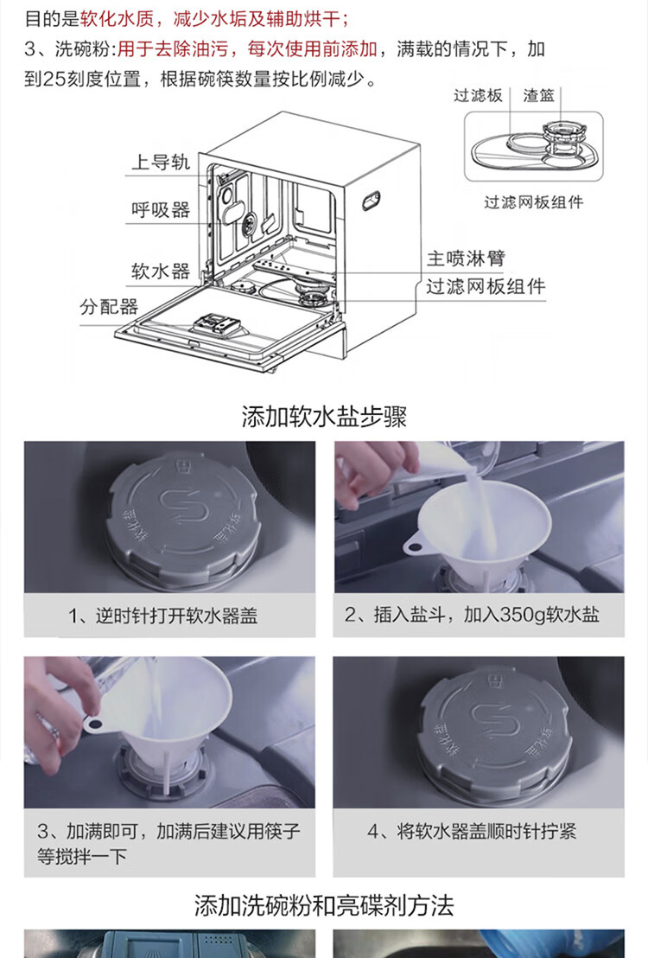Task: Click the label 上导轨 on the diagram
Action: point(161,162)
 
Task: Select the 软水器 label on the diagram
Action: point(161,271)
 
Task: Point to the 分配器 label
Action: point(109,306)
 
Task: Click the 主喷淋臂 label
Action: point(466,258)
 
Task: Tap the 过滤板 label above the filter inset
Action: point(478,95)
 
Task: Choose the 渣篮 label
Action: point(538,95)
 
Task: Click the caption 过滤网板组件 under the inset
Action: point(534,201)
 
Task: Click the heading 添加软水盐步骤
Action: point(324,417)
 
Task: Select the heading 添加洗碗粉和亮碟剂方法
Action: point(324,905)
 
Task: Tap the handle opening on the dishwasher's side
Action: point(371,201)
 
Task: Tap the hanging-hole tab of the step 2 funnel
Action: point(414,544)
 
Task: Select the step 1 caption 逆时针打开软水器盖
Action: point(176,616)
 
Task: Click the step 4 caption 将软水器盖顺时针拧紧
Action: point(486,831)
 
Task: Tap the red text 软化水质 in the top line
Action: point(118,18)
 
